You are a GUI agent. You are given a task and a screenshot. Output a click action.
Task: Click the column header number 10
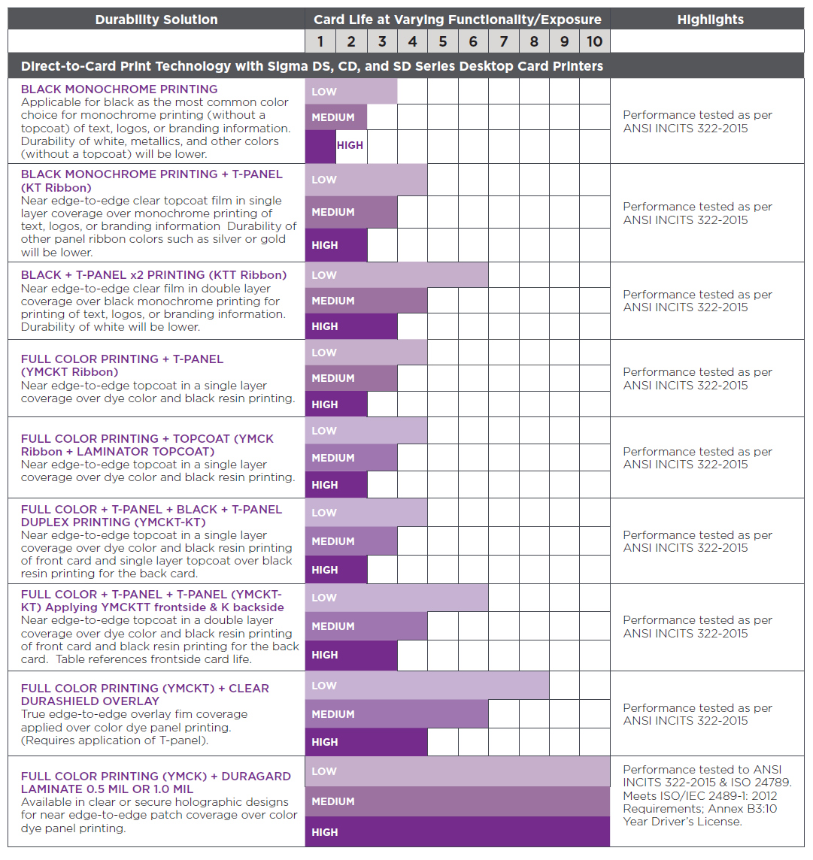tap(594, 41)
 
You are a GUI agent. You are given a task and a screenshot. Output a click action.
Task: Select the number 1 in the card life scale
tap(320, 41)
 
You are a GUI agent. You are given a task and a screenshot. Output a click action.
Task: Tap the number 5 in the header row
tap(443, 41)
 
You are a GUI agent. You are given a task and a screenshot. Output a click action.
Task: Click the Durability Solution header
tap(156, 20)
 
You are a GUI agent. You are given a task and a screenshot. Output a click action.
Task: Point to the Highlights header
tap(710, 20)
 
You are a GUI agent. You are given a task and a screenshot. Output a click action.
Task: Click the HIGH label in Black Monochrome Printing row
tap(350, 146)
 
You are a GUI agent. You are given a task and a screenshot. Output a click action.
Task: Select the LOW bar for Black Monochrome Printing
tap(350, 92)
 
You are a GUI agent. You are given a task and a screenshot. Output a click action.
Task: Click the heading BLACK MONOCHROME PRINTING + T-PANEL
tap(152, 174)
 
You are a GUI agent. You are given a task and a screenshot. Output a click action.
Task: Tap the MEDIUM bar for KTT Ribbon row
tap(366, 301)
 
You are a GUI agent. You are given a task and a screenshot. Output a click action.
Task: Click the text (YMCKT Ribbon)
tap(69, 372)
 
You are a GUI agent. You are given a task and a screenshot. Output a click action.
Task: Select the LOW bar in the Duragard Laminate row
tap(457, 771)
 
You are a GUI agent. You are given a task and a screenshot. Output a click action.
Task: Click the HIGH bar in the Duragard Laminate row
tap(457, 832)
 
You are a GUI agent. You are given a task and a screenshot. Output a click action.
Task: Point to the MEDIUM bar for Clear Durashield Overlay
tap(396, 714)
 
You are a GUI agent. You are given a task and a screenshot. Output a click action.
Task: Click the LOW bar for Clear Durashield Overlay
tap(426, 686)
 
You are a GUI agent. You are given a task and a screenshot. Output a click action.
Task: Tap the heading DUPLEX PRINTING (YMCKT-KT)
tap(113, 522)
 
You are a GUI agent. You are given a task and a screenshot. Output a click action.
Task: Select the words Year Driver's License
tap(682, 822)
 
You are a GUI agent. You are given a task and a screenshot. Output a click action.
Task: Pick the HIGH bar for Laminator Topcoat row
tap(335, 485)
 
